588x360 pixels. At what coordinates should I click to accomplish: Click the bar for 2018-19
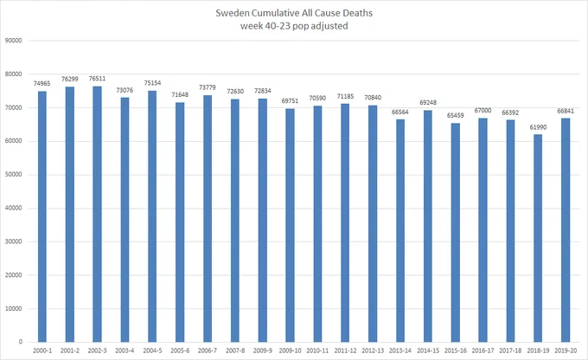coord(538,238)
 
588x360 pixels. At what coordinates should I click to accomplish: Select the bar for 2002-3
coord(97,214)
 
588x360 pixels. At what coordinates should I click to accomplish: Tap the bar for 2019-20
coord(566,230)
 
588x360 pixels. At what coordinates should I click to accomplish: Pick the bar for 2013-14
coord(400,230)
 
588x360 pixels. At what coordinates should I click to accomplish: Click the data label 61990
coord(538,127)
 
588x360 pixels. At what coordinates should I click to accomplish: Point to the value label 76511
coord(97,79)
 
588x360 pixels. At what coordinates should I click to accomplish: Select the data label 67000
coord(483,111)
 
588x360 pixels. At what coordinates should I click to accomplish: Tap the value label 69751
coord(290,101)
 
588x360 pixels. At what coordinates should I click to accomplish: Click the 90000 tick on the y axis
coord(14,41)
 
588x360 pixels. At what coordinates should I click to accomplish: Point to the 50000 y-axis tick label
coord(14,175)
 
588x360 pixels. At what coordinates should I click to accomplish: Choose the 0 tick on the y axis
coord(20,342)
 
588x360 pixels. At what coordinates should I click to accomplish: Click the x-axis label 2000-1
coord(42,350)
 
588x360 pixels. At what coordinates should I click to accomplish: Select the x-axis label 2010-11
coord(317,350)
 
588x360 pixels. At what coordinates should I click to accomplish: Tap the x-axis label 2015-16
coord(455,350)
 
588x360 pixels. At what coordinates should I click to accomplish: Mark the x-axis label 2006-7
coord(208,350)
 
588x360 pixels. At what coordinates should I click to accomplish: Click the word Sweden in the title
coord(232,13)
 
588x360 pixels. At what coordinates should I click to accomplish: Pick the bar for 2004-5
coord(152,216)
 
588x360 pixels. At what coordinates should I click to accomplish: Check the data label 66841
coord(566,111)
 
